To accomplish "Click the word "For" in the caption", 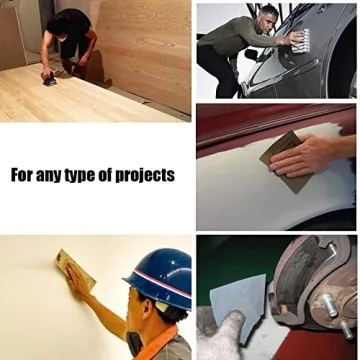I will (25, 175).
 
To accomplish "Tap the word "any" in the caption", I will (55, 176).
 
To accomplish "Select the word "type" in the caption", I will (88, 176).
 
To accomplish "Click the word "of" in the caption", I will (114, 175).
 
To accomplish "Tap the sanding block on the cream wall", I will (76, 268).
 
